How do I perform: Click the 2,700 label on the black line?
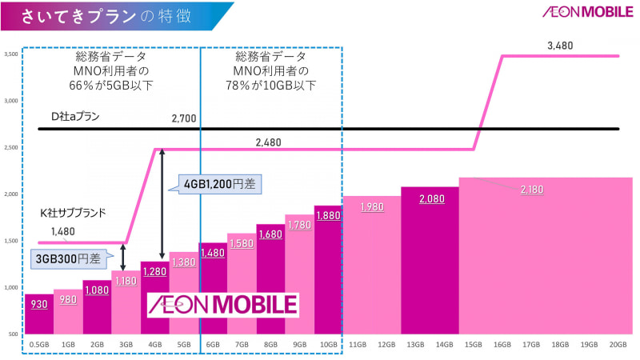point(185,119)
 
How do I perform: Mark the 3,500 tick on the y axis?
point(11,54)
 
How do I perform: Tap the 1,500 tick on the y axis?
point(11,241)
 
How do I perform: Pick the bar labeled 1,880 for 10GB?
point(328,272)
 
